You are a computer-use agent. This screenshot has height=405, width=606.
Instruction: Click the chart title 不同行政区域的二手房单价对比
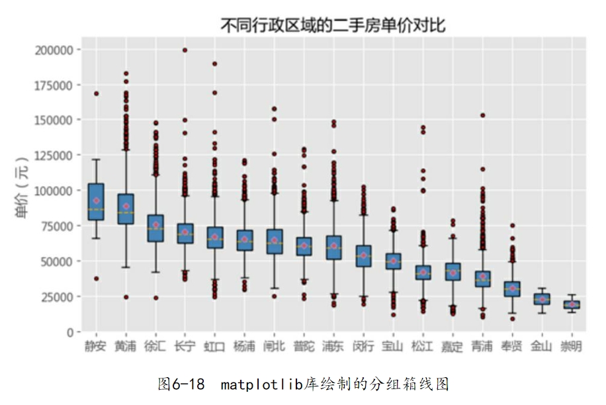[333, 26]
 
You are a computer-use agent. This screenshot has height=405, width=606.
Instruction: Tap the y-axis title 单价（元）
[22, 191]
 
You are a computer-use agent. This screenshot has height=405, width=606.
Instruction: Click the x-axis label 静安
[96, 346]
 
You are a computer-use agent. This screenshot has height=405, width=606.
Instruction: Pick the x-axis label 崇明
[570, 346]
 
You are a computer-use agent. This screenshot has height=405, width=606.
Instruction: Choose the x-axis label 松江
[423, 346]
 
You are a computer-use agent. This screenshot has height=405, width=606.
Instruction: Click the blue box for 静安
[96, 201]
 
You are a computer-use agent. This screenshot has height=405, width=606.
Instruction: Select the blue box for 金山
[541, 299]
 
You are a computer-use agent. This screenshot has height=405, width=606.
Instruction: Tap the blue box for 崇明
[571, 304]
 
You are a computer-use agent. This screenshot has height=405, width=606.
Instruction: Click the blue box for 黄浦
[126, 208]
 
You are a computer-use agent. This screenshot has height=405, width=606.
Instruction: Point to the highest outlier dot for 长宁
[185, 50]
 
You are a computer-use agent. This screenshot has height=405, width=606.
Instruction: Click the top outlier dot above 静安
[96, 93]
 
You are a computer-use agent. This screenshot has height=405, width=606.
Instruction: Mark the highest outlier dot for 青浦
[482, 115]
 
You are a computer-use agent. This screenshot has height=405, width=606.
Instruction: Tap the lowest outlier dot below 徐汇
[155, 298]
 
